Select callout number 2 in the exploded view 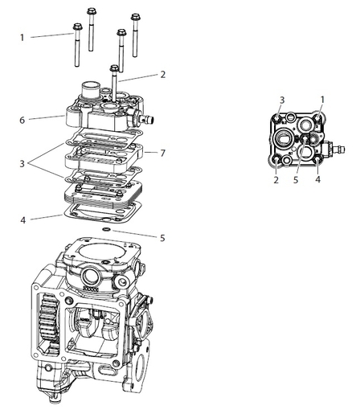[x=162, y=75]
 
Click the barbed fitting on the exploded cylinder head [x=149, y=118]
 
